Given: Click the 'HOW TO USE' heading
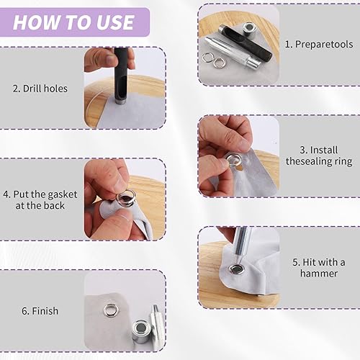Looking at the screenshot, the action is coord(73,22).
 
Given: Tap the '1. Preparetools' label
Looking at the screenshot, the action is coord(319,44).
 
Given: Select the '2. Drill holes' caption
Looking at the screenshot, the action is coord(40,89).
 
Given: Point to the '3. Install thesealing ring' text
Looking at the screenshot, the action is coord(319,156).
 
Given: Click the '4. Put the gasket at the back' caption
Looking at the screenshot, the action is coord(40,200).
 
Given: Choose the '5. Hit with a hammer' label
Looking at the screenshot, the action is coord(319,268).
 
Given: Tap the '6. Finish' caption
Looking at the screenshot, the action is coord(40,311).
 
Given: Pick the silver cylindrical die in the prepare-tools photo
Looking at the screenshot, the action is coord(249,28).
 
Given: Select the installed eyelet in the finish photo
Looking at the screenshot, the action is coord(111,310).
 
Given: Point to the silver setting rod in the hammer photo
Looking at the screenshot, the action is coord(242,243).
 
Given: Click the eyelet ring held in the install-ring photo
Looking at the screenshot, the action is coord(233,160).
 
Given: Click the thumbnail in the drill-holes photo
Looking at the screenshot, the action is coord(108,59).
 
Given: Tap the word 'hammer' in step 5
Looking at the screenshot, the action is coord(319,274).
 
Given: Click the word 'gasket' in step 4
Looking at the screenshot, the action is coord(60,195).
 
